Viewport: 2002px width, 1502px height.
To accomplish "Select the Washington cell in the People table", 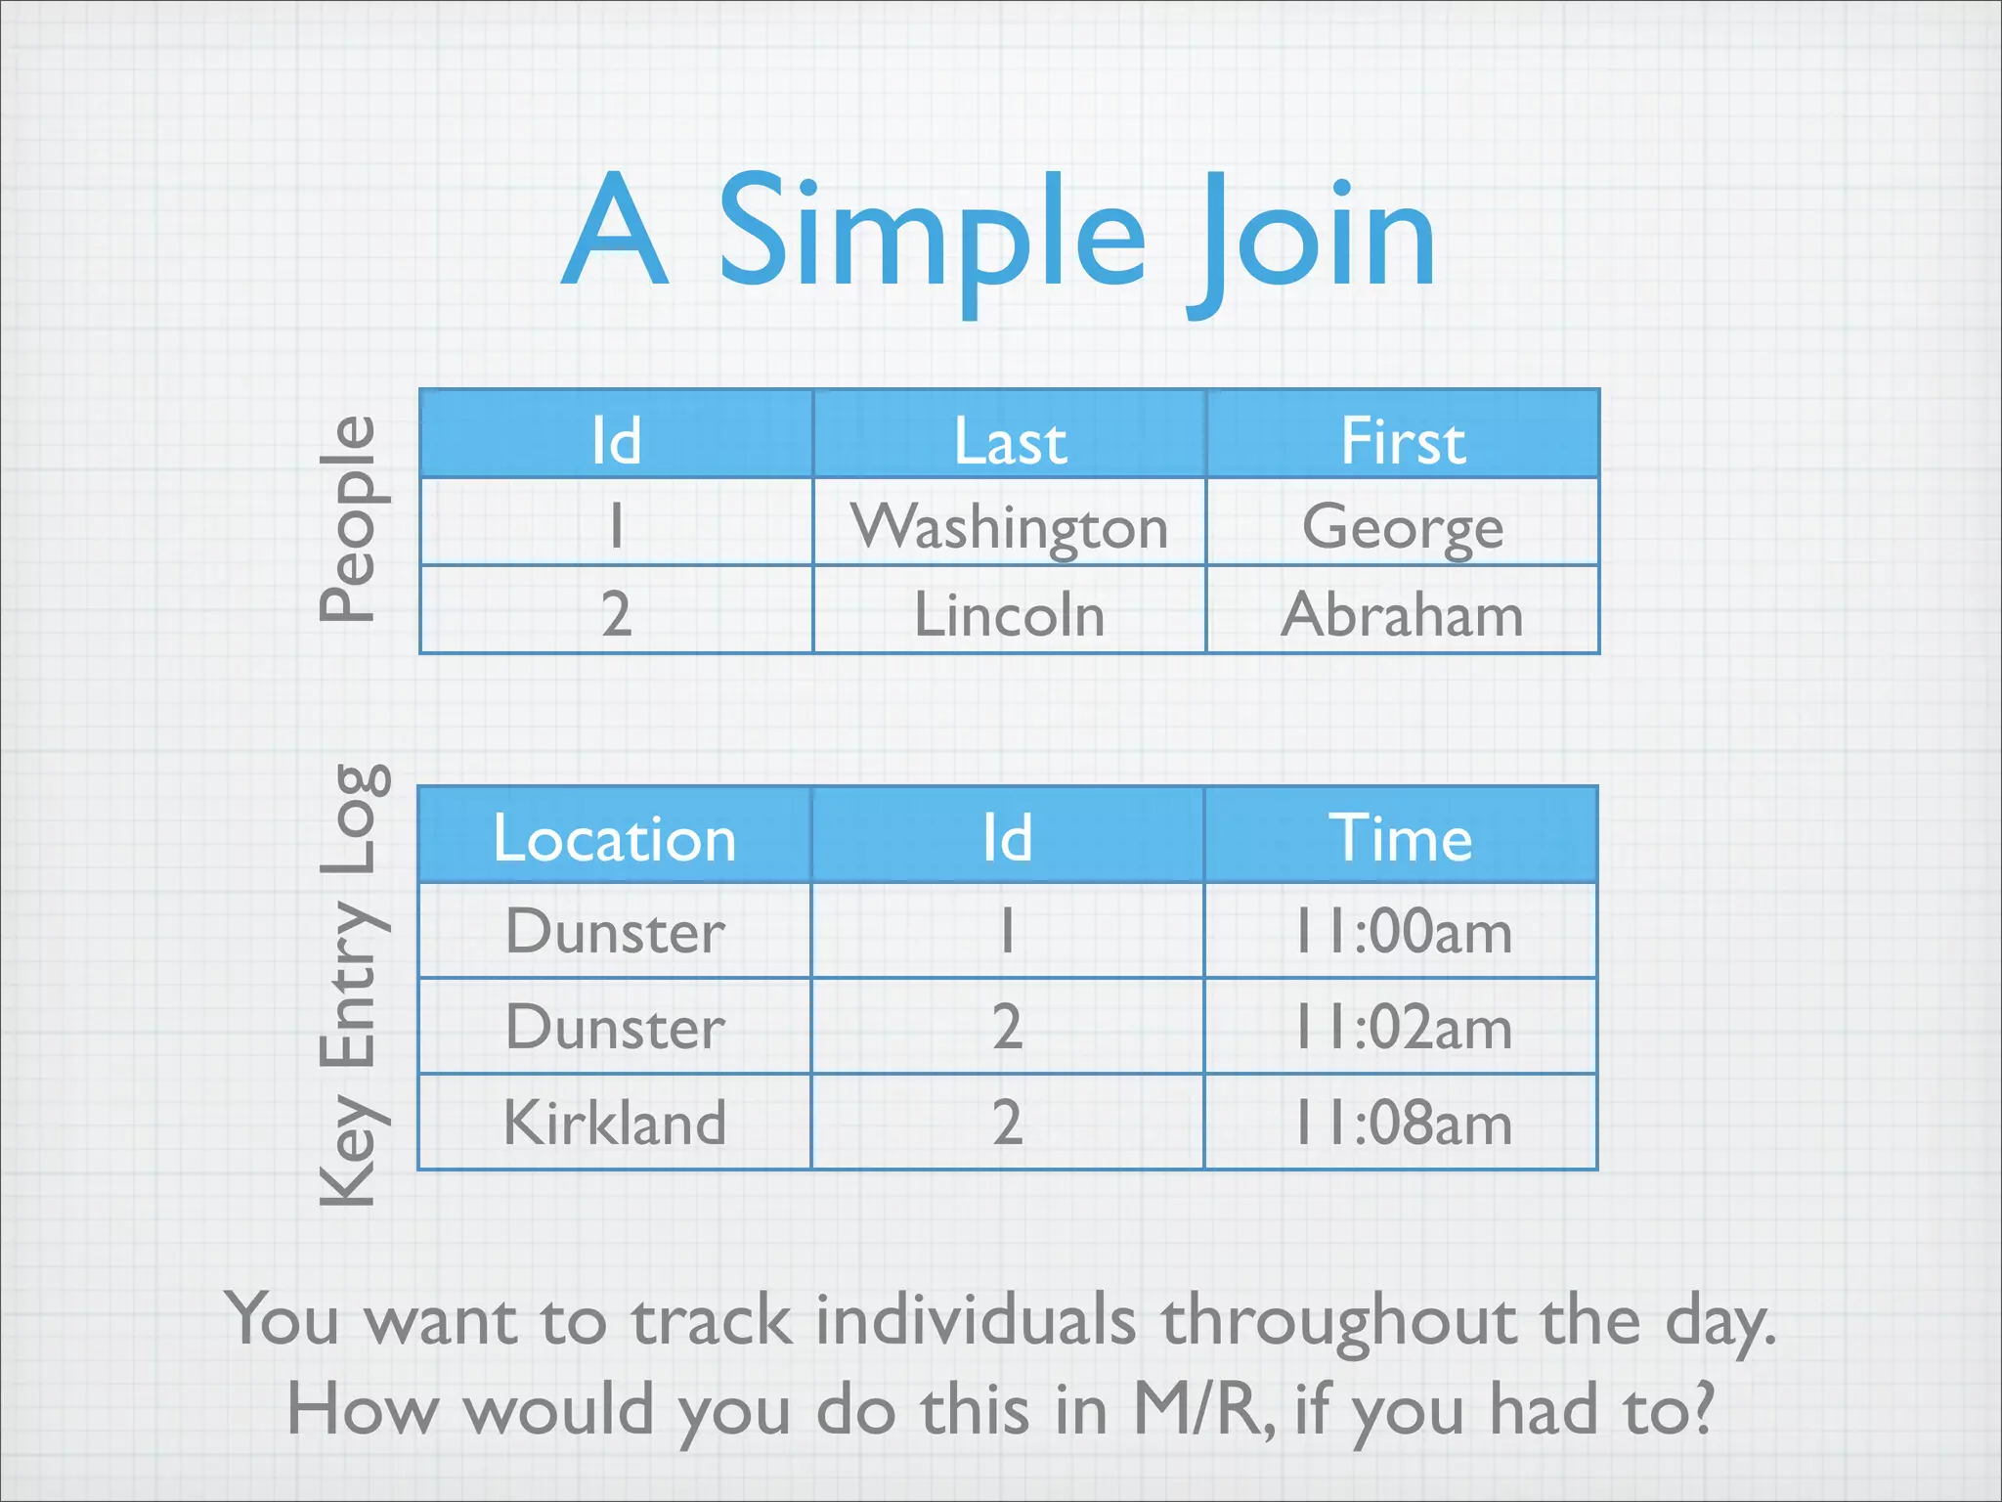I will click(x=1009, y=526).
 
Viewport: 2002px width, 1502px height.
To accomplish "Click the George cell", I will click(x=1403, y=526).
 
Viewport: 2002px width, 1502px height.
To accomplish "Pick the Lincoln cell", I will click(x=1009, y=614).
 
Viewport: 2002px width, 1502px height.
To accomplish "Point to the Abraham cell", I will click(x=1403, y=614).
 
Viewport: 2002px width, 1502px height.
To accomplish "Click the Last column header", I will click(x=1009, y=440).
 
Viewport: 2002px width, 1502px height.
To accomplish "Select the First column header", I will click(x=1403, y=440).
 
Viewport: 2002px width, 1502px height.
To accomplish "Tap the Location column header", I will click(x=614, y=838).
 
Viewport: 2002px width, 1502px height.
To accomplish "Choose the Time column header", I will click(x=1400, y=838).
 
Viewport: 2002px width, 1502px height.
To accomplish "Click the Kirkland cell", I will click(x=614, y=1122).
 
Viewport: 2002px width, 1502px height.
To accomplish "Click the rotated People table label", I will click(x=347, y=518).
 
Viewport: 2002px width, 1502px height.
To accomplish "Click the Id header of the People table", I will click(x=616, y=440).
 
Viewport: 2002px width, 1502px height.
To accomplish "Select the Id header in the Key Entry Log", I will click(x=1007, y=838).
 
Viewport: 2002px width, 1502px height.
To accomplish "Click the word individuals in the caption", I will click(x=975, y=1320).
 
